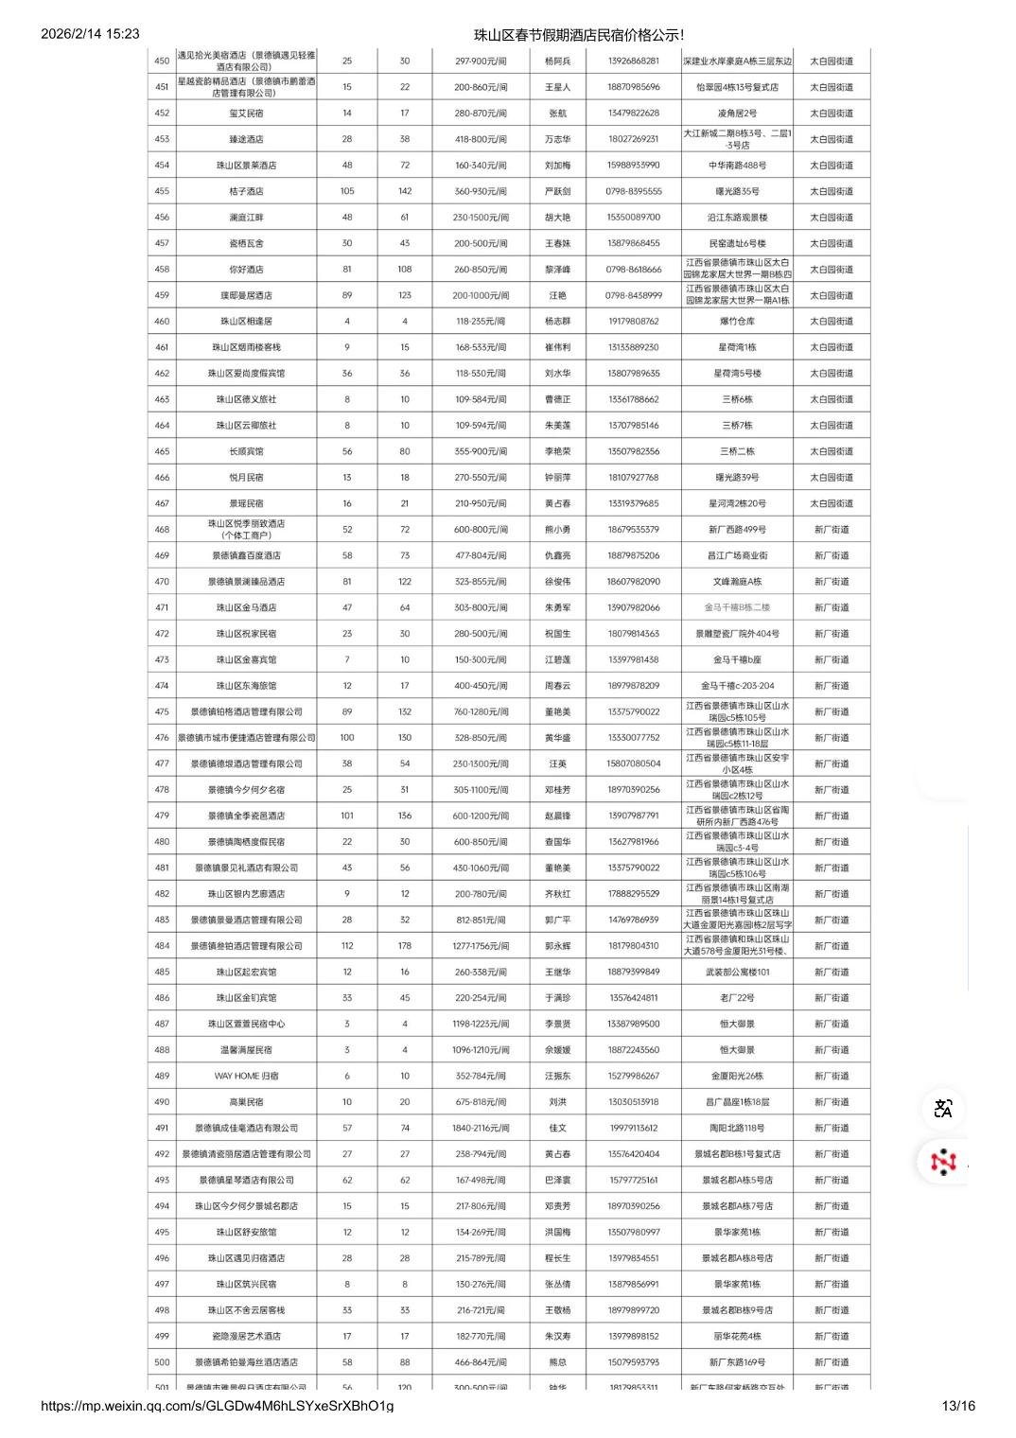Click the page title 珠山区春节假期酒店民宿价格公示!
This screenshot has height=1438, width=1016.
578,35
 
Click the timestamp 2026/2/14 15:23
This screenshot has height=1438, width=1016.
91,34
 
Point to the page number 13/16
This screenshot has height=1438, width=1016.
958,1406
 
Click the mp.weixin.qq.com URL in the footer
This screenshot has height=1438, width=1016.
218,1406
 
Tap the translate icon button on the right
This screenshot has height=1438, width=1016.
943,1109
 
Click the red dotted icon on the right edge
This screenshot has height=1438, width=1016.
943,1161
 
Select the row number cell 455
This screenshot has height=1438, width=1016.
162,191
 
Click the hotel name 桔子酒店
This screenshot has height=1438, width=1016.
246,191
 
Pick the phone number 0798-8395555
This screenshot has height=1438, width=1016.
634,191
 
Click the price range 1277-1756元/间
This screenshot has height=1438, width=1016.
481,946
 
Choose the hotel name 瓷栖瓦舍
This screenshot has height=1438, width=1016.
246,243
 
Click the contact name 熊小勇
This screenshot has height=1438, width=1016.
558,530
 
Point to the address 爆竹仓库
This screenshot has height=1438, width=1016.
737,322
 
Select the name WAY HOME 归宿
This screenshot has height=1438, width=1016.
246,1076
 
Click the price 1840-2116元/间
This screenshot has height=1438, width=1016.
481,1128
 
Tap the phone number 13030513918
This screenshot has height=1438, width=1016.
634,1102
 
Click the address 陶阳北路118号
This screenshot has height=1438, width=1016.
737,1128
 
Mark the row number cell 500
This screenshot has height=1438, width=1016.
162,1362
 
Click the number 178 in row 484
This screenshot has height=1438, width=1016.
405,946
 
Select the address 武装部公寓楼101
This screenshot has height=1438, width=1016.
737,972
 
